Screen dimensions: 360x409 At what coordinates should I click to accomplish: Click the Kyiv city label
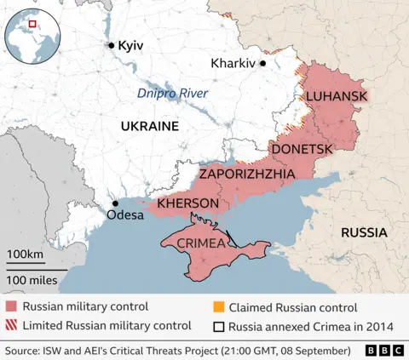tap(130, 45)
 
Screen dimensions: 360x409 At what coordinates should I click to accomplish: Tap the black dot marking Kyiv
tap(110, 45)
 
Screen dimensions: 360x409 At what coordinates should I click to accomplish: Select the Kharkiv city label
tap(233, 63)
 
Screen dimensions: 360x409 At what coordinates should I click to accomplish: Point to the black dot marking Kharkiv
tap(263, 63)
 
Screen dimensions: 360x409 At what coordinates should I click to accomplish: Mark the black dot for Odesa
tap(114, 203)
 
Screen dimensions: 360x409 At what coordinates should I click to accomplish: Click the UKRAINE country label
tap(149, 126)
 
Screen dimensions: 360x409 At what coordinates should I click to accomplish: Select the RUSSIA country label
tap(364, 232)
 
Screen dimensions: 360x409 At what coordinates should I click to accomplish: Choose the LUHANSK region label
tap(337, 96)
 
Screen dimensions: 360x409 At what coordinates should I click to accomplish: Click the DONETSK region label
tap(302, 149)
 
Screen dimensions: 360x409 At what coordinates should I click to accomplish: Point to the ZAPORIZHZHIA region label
tap(247, 174)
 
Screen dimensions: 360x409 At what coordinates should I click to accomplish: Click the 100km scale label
tap(25, 254)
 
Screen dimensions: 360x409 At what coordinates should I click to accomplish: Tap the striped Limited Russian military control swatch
tap(10, 325)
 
